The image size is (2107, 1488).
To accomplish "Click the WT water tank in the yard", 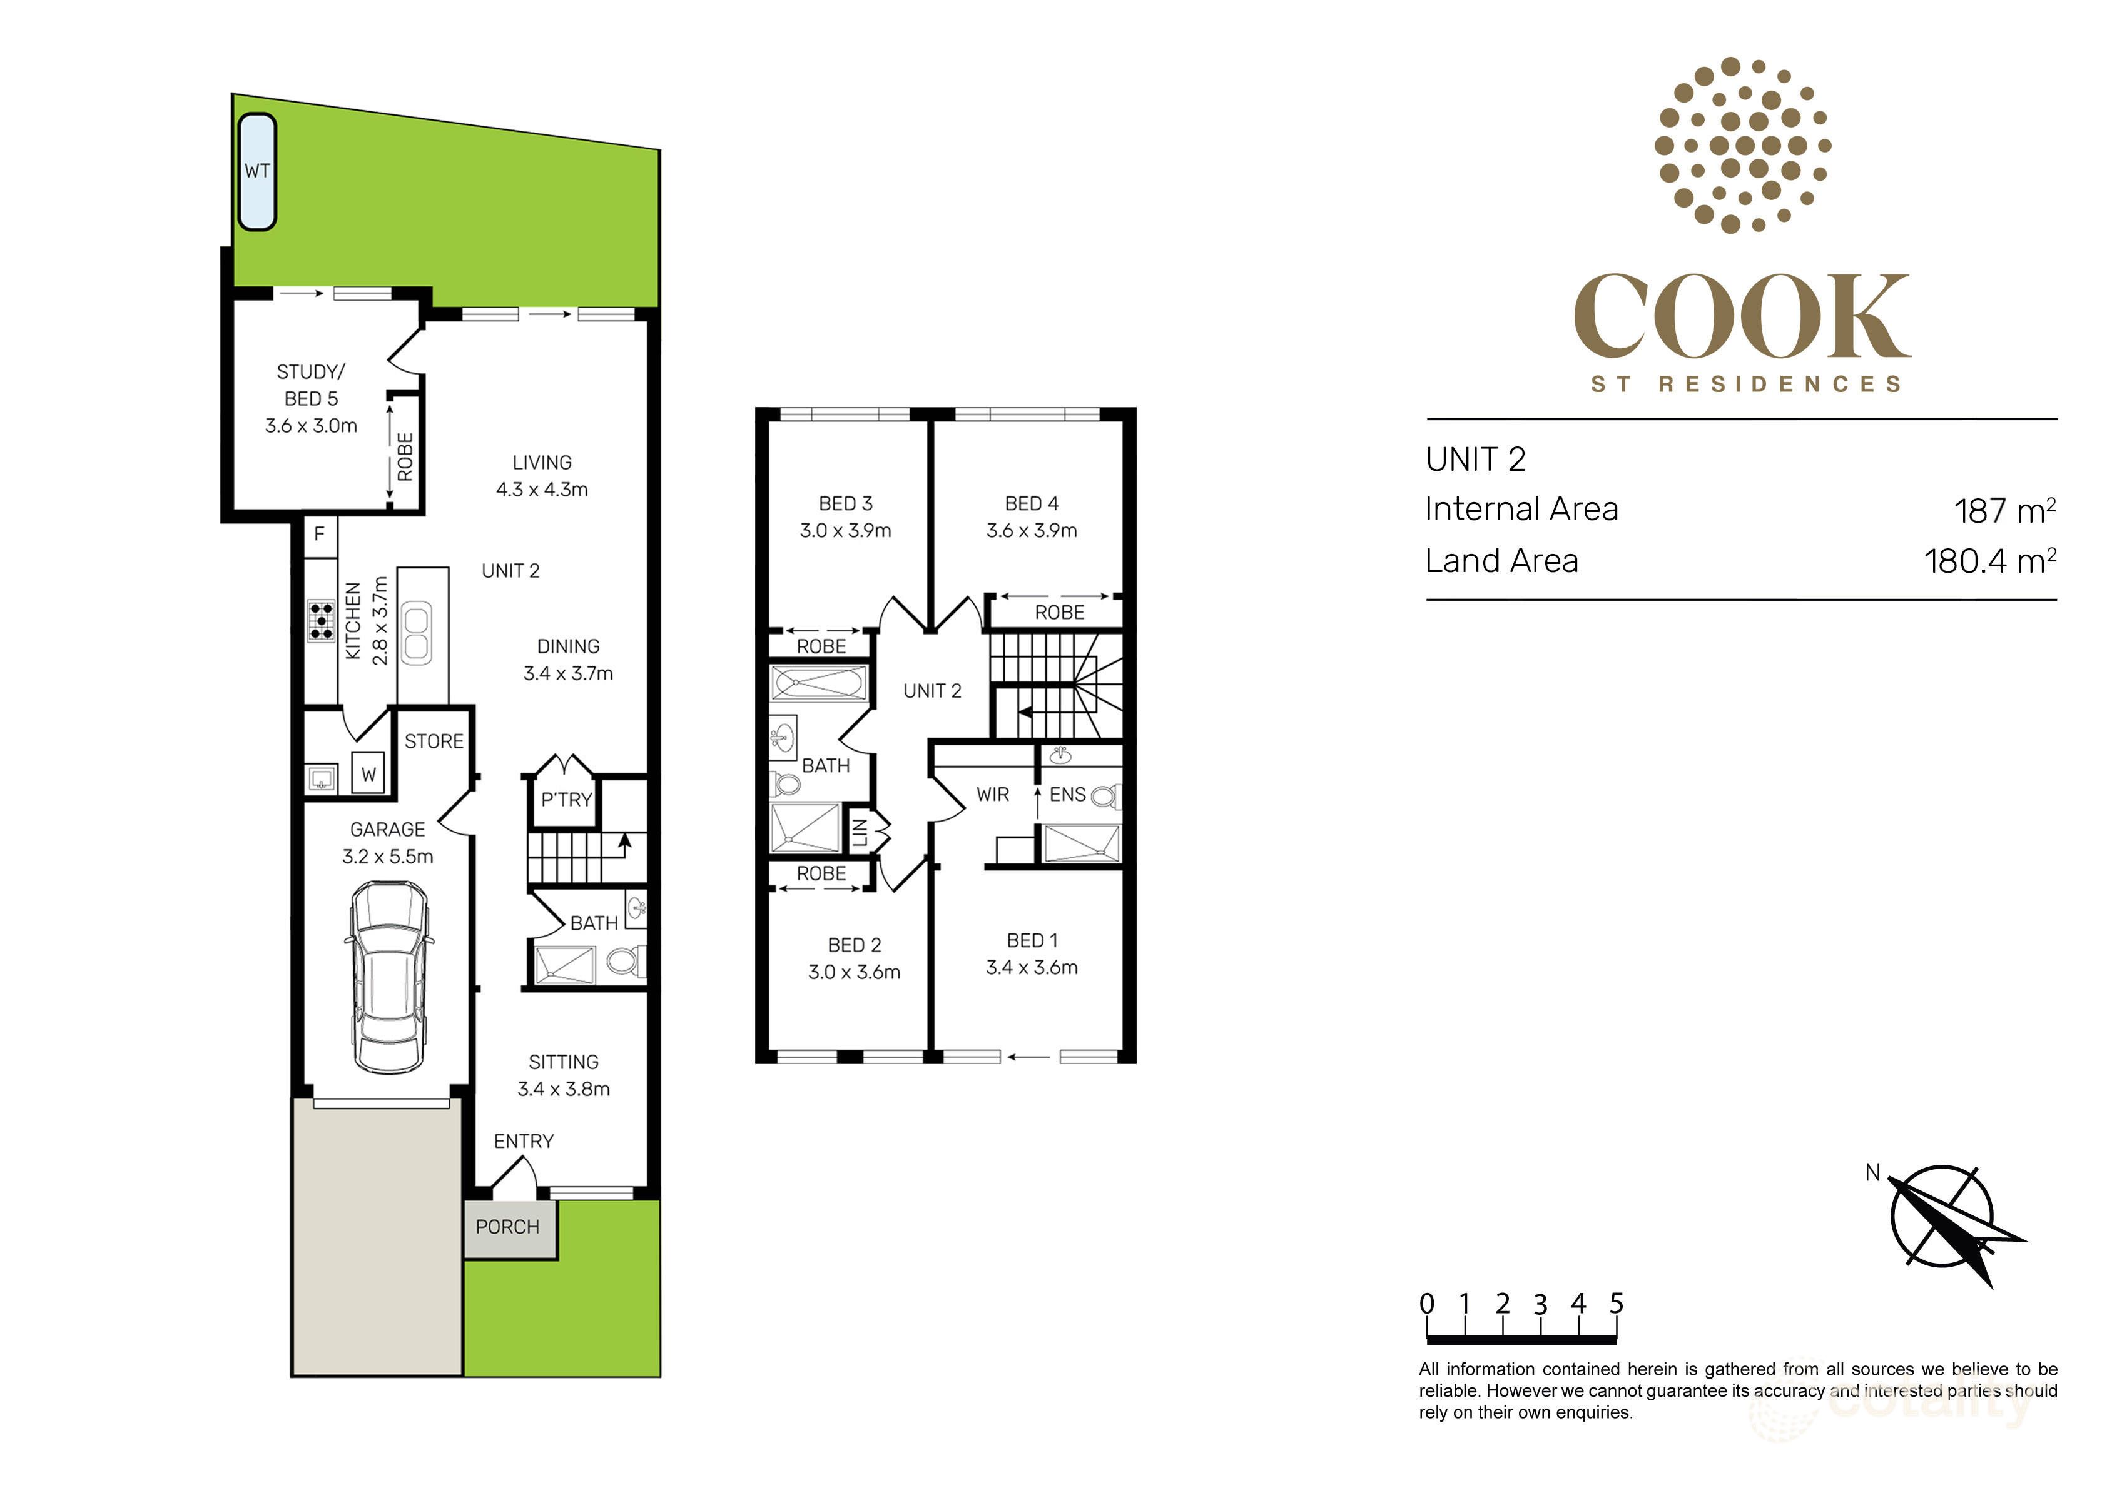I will [x=257, y=171].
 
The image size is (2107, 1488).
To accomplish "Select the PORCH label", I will [x=507, y=1227].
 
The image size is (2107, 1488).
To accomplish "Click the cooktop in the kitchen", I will [x=321, y=621].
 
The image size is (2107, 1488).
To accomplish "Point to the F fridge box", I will [x=319, y=534].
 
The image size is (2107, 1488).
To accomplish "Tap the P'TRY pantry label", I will [x=566, y=800].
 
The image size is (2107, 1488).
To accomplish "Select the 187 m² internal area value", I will [x=2004, y=511].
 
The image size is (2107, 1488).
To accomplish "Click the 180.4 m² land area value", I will [x=1989, y=561].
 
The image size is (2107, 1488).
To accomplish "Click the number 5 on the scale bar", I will [x=1616, y=1304].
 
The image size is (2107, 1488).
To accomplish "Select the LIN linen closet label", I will [x=860, y=832].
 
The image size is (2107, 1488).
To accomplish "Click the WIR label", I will [x=992, y=795].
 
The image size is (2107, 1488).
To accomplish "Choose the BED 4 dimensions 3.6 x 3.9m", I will [x=1032, y=530].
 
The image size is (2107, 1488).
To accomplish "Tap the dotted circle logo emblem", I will [x=1742, y=145].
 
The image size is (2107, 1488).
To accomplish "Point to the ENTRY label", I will [x=524, y=1141].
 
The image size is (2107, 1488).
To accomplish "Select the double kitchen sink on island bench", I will [x=416, y=632].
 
